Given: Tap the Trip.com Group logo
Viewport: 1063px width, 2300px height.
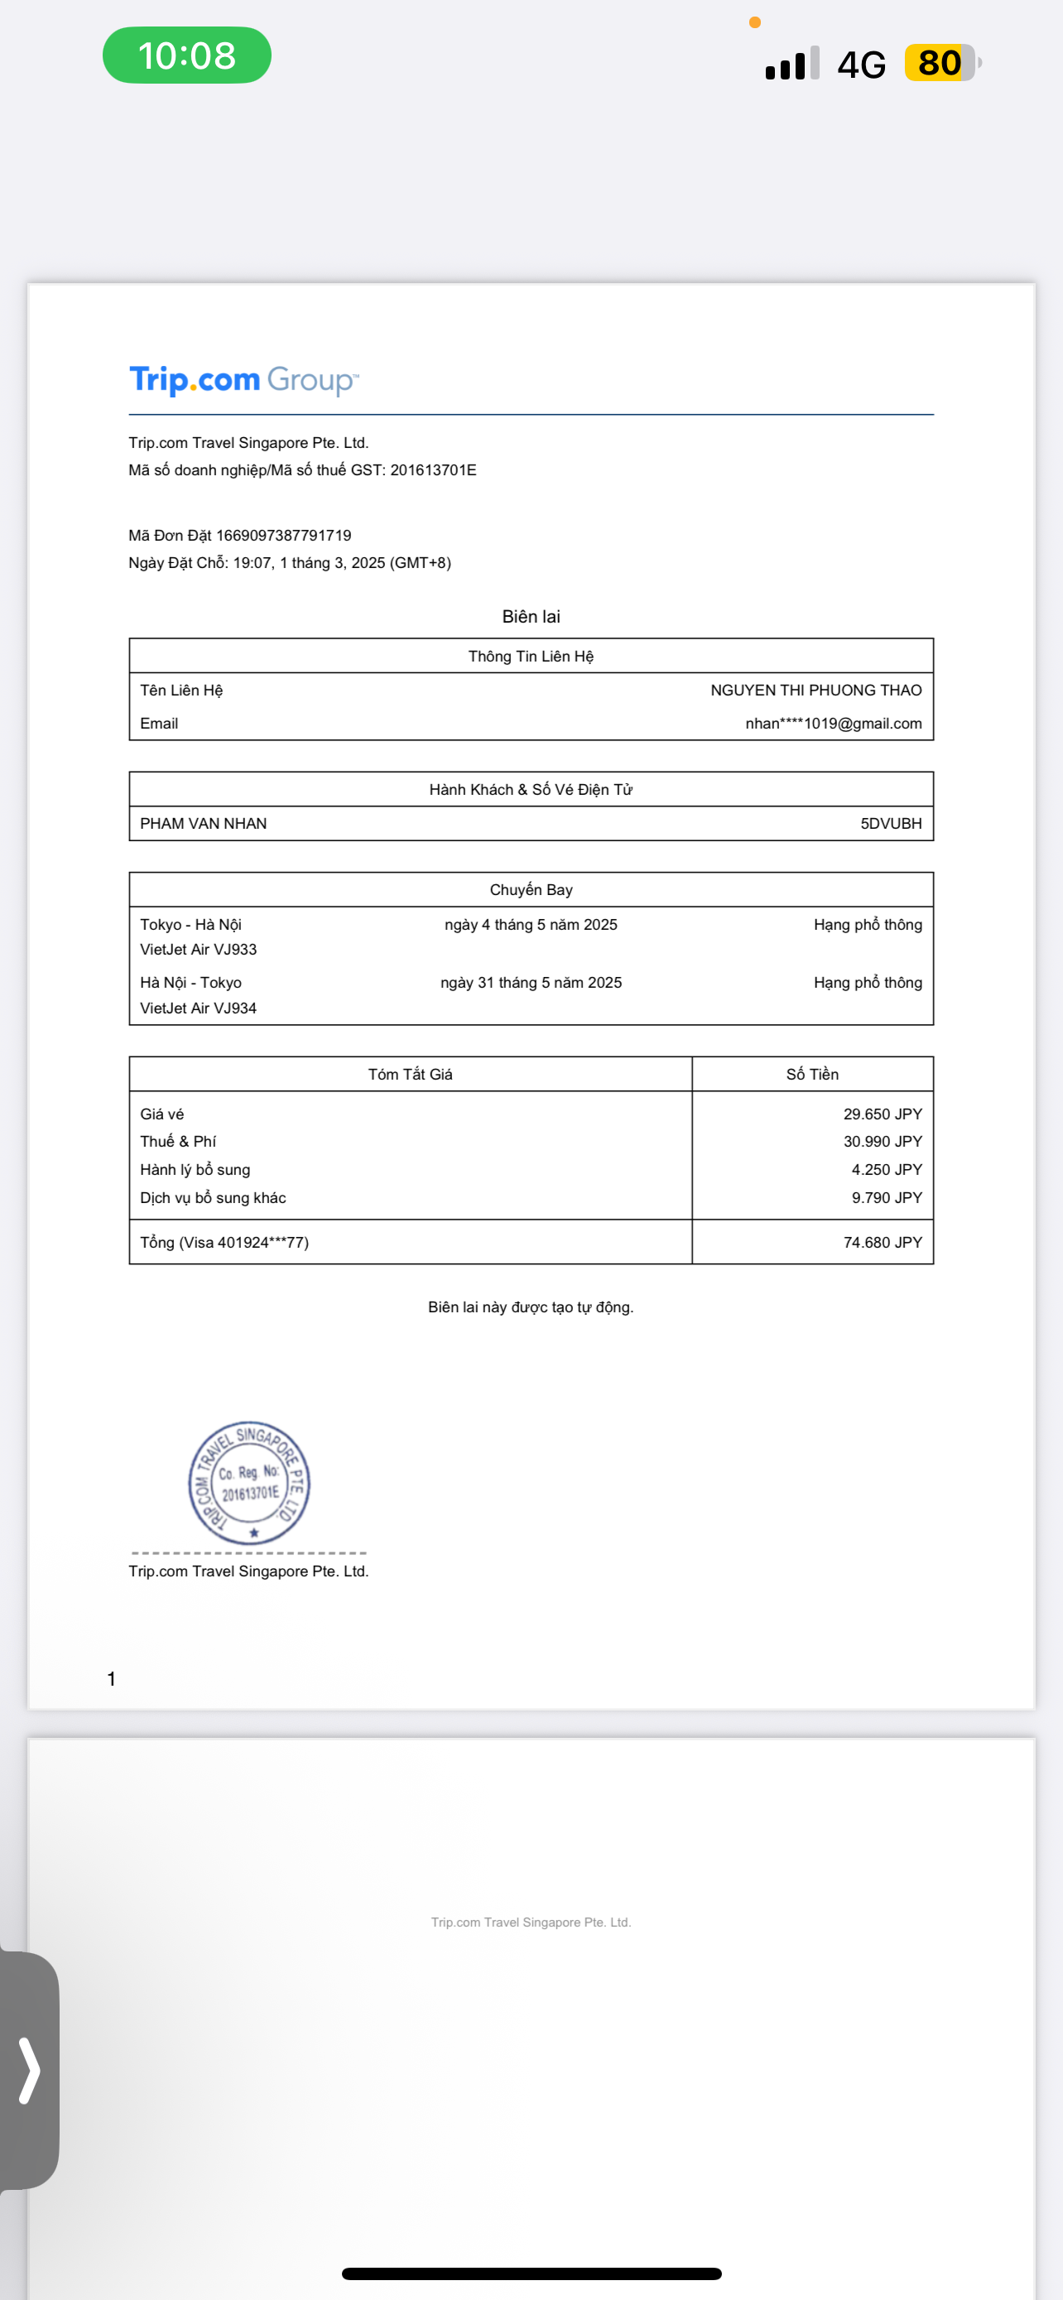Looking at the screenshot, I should coord(243,380).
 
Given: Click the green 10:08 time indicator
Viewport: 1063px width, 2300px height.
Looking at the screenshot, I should coord(186,55).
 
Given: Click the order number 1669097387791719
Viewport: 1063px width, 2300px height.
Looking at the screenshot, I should coord(284,536).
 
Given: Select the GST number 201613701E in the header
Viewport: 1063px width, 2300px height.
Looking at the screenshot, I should coord(433,470).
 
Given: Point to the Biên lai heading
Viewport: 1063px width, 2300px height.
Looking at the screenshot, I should coord(531,617).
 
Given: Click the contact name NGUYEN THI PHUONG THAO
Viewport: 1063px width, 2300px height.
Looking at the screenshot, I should coord(815,690).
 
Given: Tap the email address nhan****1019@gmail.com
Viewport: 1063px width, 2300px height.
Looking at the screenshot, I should coord(834,724).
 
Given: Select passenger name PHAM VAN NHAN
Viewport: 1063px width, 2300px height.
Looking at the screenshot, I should coord(204,823).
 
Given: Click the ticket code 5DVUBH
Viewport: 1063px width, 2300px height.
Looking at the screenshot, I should coord(891,823).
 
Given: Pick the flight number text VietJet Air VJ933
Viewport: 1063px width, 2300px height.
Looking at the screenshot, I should coord(198,950).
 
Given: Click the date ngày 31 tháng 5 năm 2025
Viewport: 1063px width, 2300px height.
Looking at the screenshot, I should coord(531,983).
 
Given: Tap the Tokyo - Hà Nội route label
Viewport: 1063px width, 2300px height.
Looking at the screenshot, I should coord(191,925).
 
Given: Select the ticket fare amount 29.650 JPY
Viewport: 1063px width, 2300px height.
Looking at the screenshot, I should coord(882,1114).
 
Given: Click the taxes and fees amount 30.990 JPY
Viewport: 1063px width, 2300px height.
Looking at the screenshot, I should coord(882,1142).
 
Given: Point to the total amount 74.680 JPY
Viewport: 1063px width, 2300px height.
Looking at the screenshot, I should coord(882,1243).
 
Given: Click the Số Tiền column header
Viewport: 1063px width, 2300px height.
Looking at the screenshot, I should coord(812,1075).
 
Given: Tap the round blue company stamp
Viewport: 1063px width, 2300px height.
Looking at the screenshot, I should coord(249,1482).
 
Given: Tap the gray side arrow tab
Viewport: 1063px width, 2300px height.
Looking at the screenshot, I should coord(30,2070).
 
